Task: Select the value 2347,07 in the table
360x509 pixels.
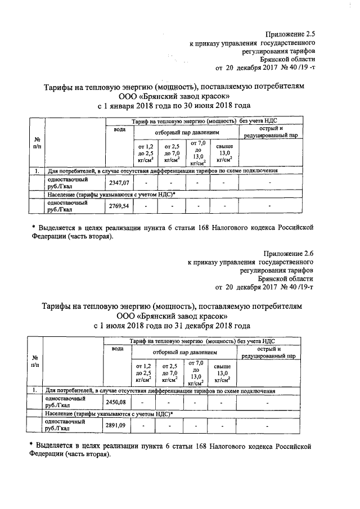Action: click(119, 183)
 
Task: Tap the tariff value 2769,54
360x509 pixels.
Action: click(119, 206)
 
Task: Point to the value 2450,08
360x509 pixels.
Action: click(117, 402)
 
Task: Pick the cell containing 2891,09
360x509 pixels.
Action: click(117, 425)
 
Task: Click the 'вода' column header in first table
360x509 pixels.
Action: click(119, 130)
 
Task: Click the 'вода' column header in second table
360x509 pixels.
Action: click(117, 349)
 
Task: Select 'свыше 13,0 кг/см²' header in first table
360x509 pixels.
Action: click(224, 154)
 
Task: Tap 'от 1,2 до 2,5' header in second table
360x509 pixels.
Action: click(144, 372)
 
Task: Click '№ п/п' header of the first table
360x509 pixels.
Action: click(37, 143)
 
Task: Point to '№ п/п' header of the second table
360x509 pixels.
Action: click(35, 361)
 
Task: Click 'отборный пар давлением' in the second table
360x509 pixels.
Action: click(183, 353)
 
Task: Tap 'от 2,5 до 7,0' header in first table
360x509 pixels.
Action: click(172, 154)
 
